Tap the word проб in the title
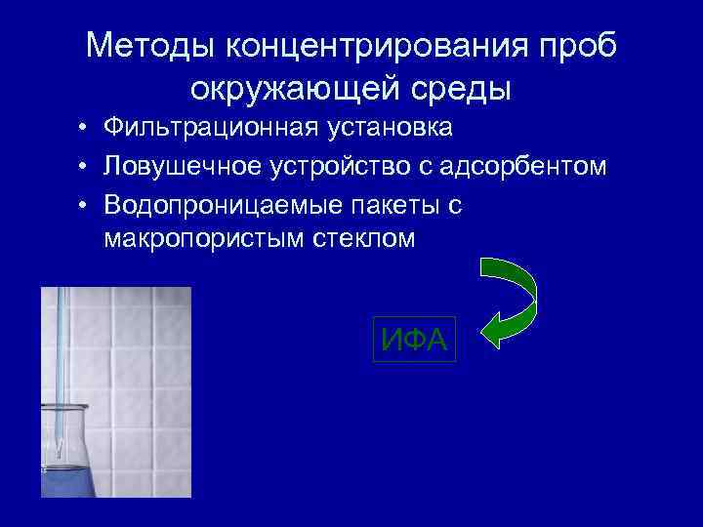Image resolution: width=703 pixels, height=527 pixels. pos(582,47)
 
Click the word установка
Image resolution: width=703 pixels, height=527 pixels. pos(383,129)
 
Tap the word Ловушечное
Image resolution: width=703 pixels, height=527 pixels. pos(180,167)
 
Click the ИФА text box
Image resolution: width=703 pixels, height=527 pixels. pos(415,340)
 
